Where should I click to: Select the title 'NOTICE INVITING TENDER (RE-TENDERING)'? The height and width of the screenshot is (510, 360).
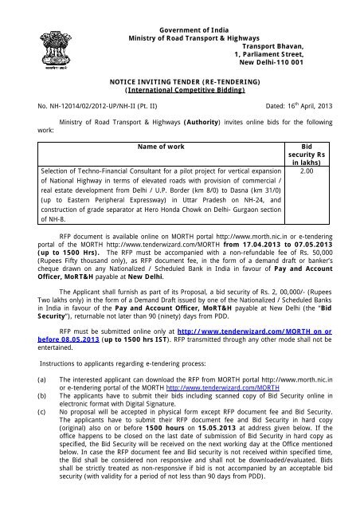point(179,82)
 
